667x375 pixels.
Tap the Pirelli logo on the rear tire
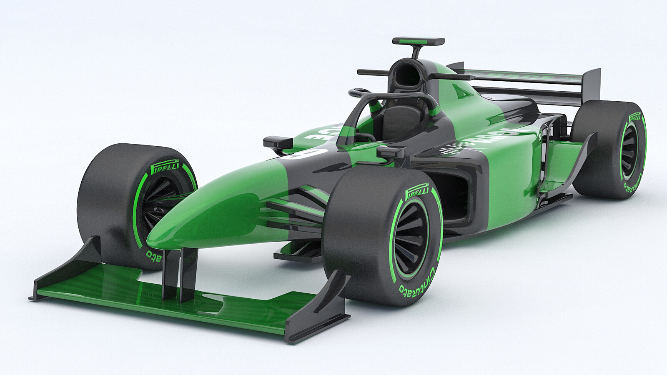pos(636,117)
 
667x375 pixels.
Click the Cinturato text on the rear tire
pos(632,183)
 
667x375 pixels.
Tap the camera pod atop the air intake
pos(418,41)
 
